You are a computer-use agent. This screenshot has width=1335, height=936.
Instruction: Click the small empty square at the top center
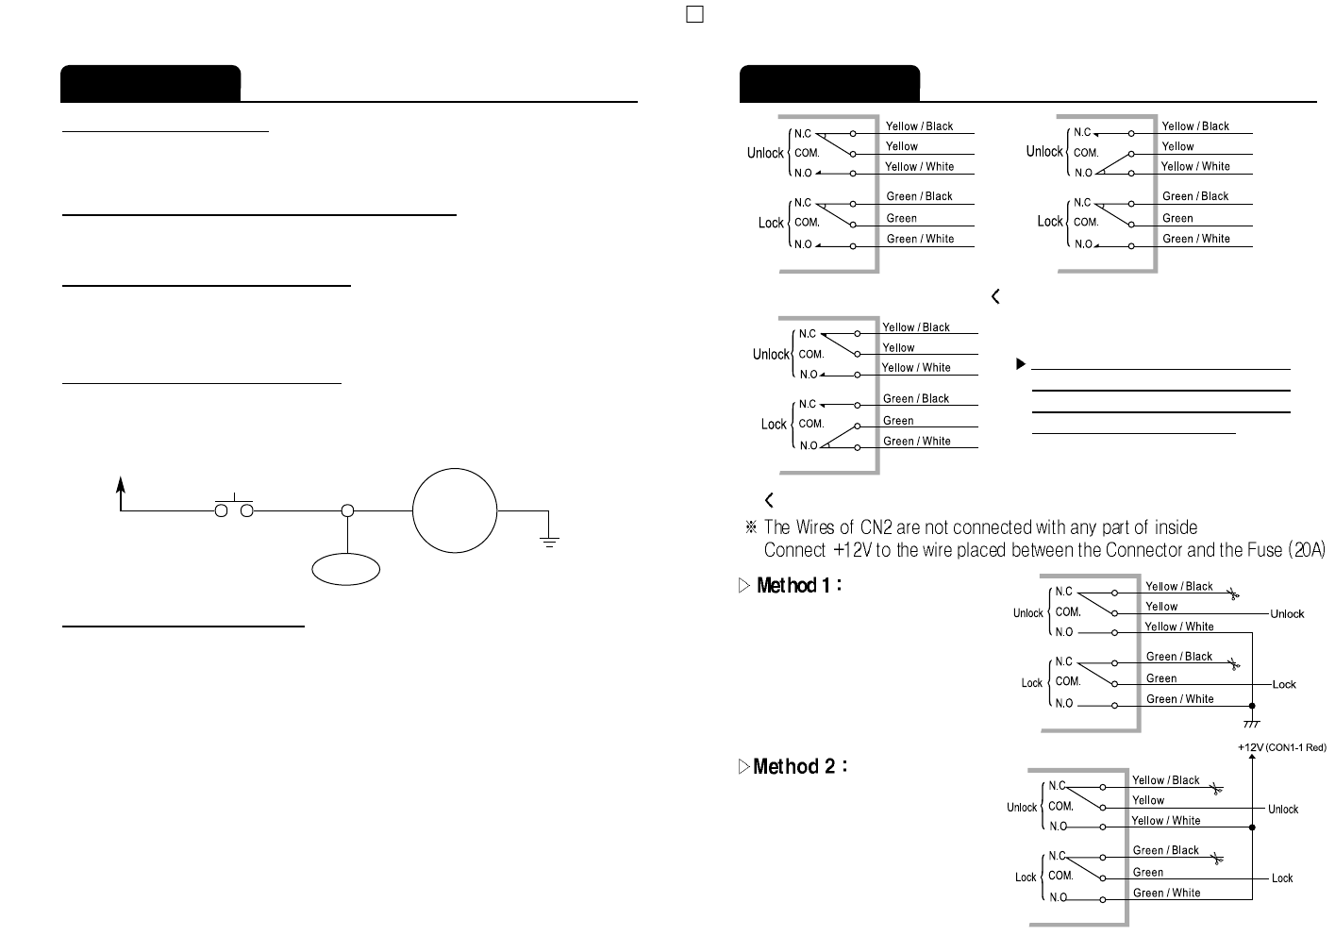click(695, 14)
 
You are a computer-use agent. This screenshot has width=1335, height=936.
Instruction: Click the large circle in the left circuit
click(455, 510)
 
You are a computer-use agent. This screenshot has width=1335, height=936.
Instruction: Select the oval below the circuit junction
click(346, 569)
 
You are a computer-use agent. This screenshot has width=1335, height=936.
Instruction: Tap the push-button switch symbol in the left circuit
click(234, 509)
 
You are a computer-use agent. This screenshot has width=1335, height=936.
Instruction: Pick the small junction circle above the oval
click(347, 510)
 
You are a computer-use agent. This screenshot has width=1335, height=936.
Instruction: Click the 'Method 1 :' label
click(799, 586)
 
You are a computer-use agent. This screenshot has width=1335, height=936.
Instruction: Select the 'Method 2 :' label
click(800, 767)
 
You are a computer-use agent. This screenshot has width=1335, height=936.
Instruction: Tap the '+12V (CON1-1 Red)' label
click(1281, 748)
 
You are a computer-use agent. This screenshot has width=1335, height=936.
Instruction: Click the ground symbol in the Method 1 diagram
click(1252, 724)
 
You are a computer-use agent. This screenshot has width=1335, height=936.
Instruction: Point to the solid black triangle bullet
click(1021, 363)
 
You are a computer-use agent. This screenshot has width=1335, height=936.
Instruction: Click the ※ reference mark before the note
click(751, 527)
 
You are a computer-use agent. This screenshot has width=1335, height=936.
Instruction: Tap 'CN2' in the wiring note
click(876, 527)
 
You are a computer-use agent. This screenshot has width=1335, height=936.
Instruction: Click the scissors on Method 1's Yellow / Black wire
click(1232, 593)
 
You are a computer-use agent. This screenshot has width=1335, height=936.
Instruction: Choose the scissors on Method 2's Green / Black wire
click(1217, 858)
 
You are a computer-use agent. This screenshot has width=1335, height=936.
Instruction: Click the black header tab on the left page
click(150, 83)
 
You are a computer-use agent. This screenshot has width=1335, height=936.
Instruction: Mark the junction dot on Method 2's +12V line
click(1252, 827)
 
